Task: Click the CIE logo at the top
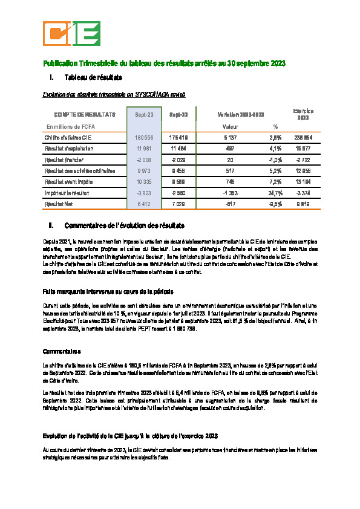click(71, 33)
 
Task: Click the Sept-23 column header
click(144, 114)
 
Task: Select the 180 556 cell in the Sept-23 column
click(144, 138)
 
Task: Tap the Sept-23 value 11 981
click(144, 149)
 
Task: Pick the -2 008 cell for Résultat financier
click(144, 160)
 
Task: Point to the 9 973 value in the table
click(144, 170)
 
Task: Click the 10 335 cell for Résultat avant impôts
click(144, 181)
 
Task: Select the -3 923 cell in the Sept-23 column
click(144, 192)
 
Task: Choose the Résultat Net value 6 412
click(144, 203)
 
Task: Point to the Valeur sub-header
click(231, 127)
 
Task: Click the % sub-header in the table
click(275, 127)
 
